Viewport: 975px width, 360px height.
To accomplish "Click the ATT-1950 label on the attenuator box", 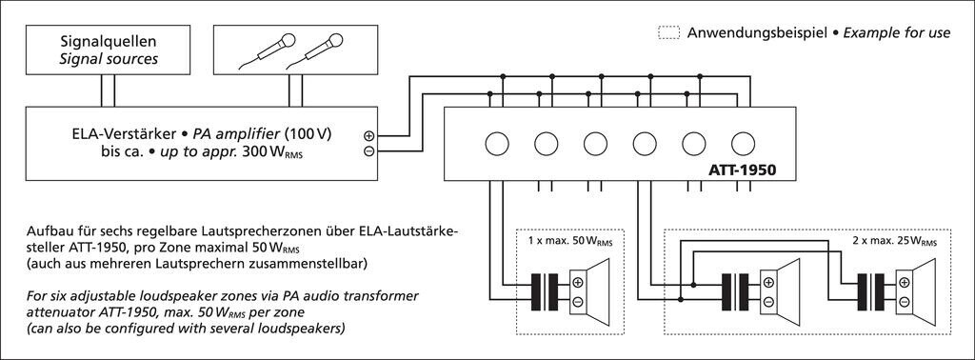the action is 743,170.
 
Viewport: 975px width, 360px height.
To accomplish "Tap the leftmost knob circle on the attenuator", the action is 497,144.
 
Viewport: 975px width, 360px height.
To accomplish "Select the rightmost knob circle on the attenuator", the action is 743,144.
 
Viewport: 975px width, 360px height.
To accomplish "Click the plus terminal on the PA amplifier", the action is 368,135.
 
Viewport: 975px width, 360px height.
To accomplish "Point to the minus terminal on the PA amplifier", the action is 368,151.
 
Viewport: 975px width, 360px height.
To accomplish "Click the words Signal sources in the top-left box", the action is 109,60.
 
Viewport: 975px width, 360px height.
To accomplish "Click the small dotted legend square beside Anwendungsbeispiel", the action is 668,33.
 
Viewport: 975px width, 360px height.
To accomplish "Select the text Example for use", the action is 897,33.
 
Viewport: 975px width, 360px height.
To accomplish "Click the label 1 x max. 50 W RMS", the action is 570,241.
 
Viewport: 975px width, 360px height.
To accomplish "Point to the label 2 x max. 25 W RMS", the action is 893,241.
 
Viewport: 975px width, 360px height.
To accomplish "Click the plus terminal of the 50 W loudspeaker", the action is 578,283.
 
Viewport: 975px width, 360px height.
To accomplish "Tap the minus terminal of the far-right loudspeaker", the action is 905,302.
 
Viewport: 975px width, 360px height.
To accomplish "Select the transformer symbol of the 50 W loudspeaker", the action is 544,292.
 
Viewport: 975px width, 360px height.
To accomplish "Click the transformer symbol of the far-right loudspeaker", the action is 870,292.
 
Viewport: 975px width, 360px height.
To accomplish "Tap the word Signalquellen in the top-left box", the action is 109,42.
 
